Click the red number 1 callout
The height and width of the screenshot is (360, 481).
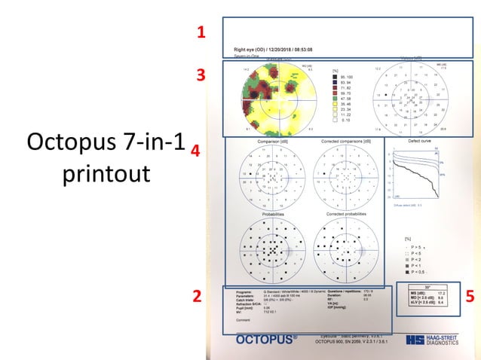pos(201,32)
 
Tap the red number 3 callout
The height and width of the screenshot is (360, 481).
pos(201,75)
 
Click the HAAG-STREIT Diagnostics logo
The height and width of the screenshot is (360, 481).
pos(430,340)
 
